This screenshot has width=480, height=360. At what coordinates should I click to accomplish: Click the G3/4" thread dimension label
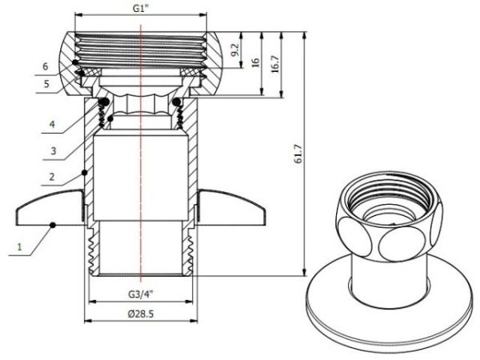pos(142,292)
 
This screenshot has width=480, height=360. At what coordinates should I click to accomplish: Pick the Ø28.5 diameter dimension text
pos(141,314)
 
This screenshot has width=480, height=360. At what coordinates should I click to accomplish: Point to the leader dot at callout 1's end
pos(53,224)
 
